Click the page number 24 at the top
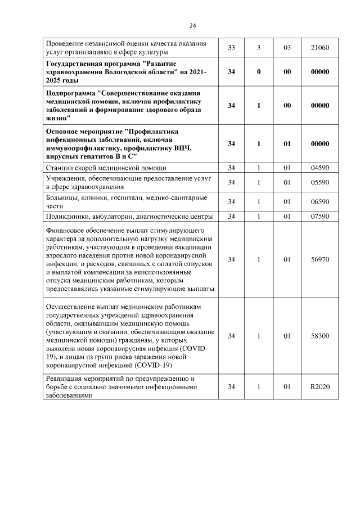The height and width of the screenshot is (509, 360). click(x=192, y=25)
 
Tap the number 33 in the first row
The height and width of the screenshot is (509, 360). click(x=231, y=48)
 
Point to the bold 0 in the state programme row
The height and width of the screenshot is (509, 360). click(x=259, y=72)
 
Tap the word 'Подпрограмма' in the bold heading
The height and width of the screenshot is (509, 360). click(x=71, y=92)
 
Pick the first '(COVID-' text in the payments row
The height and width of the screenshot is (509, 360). click(x=195, y=349)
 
